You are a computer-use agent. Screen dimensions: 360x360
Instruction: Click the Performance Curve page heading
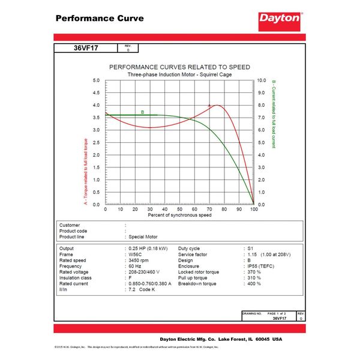pos(100,18)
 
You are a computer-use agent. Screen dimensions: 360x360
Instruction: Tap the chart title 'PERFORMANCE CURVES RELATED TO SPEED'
pos(179,67)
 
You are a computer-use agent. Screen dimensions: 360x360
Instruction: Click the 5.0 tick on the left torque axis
pos(96,80)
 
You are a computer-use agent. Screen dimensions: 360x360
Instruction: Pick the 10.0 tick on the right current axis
pos(262,80)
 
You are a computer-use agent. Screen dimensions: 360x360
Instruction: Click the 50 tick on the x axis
pos(179,209)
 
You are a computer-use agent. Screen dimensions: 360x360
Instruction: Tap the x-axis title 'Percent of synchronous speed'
pos(179,215)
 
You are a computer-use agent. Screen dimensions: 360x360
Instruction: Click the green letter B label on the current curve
pos(142,112)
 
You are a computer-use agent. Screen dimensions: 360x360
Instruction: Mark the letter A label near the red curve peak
pos(209,106)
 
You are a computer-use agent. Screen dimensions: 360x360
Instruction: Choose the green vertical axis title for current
pos(274,114)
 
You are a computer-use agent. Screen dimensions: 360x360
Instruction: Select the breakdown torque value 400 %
pos(254,283)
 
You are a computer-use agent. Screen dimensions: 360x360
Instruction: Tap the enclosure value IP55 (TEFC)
pos(263,265)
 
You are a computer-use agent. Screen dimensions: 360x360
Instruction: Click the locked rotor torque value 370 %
pos(254,271)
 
